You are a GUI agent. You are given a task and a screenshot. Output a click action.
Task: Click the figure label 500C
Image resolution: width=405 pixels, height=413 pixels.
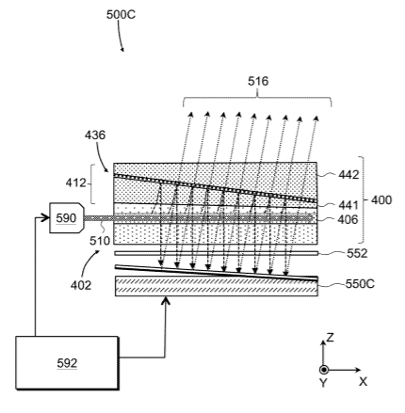tap(121, 15)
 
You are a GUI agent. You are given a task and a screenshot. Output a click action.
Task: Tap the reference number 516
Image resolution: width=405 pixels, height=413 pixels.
tap(258, 81)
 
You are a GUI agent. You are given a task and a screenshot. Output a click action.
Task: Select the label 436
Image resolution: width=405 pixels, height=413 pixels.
tap(95, 135)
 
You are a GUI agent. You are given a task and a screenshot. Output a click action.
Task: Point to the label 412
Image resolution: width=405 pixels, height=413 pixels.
tap(75, 183)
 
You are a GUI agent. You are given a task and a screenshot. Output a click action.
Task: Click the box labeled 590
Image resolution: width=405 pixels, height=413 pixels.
tap(67, 218)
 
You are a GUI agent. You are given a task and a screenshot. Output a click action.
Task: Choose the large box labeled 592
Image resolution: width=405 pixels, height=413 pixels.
tap(67, 363)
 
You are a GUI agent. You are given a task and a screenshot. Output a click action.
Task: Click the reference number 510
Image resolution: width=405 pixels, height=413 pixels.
tap(100, 241)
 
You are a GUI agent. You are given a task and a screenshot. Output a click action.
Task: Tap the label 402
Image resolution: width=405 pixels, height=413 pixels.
tap(81, 285)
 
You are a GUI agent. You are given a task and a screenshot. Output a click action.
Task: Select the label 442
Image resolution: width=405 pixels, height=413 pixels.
tap(348, 175)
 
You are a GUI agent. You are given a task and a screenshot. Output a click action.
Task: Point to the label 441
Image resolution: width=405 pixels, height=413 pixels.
tap(348, 205)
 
